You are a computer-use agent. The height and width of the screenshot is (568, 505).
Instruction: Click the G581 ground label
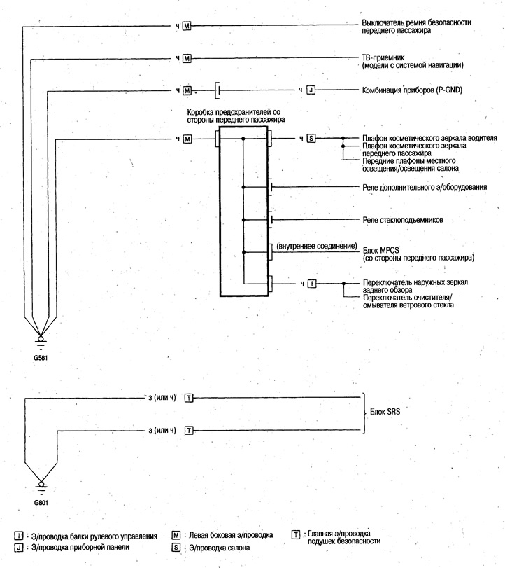click(41, 358)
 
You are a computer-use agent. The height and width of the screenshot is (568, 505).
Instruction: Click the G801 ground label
click(41, 502)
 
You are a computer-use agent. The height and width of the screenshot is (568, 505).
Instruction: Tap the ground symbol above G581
click(41, 342)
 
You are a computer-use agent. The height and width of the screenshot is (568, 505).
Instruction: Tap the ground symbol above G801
click(41, 487)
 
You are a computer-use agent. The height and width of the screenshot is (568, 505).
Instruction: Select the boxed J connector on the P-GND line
click(311, 90)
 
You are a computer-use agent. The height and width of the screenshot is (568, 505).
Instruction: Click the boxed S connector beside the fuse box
click(311, 138)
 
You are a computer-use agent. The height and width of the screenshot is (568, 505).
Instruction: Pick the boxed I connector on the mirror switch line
click(312, 284)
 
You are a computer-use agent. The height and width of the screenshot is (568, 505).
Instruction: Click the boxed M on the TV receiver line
click(187, 58)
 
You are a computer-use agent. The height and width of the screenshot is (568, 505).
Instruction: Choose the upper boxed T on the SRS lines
click(189, 398)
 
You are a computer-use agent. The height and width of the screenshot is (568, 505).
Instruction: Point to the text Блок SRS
click(385, 412)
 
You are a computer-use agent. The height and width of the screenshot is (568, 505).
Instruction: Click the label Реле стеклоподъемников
click(403, 220)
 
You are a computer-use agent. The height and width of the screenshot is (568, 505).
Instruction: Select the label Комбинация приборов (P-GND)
click(412, 90)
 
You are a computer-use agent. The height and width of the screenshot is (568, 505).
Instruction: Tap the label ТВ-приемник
click(383, 57)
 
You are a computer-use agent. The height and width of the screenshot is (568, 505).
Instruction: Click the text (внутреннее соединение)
click(317, 246)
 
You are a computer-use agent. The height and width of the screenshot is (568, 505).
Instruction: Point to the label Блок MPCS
click(381, 250)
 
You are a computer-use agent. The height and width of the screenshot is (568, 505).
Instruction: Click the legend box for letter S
click(176, 547)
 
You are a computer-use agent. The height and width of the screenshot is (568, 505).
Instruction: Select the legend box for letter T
click(296, 534)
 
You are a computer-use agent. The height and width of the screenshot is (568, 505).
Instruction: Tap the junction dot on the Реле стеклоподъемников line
click(243, 220)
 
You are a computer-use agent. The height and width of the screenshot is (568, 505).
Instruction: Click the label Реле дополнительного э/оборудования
click(425, 187)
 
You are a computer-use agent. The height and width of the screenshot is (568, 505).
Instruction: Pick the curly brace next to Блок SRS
click(363, 413)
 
